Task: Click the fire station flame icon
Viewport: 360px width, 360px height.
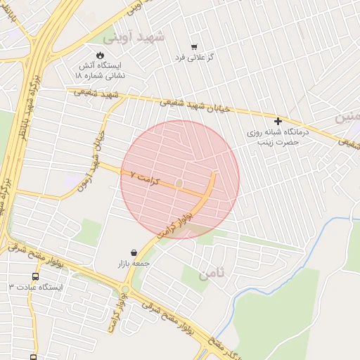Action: click(100, 55)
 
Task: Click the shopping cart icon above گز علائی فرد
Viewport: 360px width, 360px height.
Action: click(194, 46)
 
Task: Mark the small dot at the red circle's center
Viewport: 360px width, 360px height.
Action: click(179, 184)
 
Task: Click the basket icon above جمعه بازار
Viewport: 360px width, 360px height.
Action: click(134, 252)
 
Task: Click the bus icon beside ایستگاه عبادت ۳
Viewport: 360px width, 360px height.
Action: click(35, 276)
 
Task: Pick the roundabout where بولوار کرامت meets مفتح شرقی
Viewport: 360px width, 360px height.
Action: click(125, 289)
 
